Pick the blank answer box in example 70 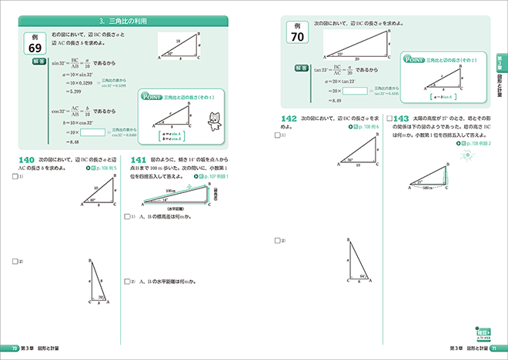coord(356,91)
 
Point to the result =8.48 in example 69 coord(73,142)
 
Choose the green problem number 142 coord(289,118)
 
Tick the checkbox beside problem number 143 coord(389,118)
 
